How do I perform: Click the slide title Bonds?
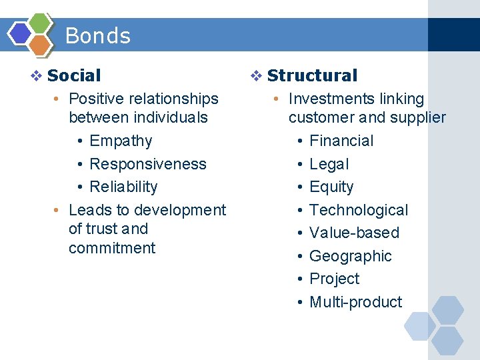tap(98, 35)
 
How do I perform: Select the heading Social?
tap(74, 76)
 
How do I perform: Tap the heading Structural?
tap(312, 76)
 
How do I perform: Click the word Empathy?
tap(121, 141)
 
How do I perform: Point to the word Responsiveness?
tap(148, 164)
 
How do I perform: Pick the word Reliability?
tap(123, 187)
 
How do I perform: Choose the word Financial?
tap(341, 141)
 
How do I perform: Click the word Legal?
tap(329, 164)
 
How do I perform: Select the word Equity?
tap(331, 187)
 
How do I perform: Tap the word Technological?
tap(359, 211)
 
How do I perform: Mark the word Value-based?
tap(354, 233)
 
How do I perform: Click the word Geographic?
tap(351, 257)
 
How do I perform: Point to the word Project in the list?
tap(334, 279)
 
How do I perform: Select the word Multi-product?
tap(356, 303)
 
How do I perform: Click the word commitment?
tap(112, 249)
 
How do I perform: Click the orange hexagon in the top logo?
tap(40, 45)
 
